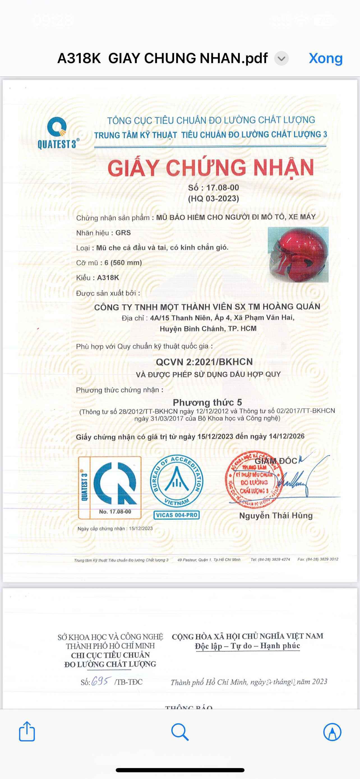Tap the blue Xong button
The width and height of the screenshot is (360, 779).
[x=326, y=58]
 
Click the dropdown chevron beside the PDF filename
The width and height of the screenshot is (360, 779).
[x=281, y=58]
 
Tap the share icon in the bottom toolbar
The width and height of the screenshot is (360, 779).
[x=27, y=732]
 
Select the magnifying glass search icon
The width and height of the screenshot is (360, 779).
[x=180, y=732]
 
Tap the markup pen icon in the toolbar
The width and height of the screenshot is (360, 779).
[x=332, y=732]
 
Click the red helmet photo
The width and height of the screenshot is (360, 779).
[x=298, y=254]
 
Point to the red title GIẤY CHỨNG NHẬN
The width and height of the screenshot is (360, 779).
[x=211, y=168]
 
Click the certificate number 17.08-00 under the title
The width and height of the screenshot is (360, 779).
[x=222, y=188]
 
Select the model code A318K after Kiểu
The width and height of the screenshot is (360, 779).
[x=108, y=278]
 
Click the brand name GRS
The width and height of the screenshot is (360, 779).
[x=123, y=233]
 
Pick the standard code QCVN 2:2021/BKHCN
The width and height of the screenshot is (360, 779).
[x=204, y=362]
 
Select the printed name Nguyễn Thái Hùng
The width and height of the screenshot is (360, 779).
[x=276, y=516]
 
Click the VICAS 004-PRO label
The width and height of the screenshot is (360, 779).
[x=177, y=515]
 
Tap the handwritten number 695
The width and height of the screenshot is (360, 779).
[x=101, y=681]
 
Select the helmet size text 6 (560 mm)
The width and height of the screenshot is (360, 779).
[x=123, y=262]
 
